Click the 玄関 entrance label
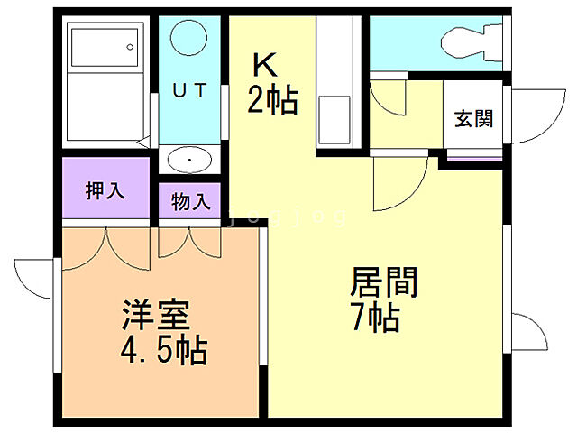(x=473, y=119)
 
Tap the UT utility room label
(x=190, y=89)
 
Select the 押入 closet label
(x=105, y=191)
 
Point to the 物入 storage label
(x=190, y=200)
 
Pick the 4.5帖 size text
(x=164, y=348)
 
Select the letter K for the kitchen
(x=264, y=65)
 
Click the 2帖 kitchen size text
(x=272, y=99)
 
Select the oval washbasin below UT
(x=190, y=161)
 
